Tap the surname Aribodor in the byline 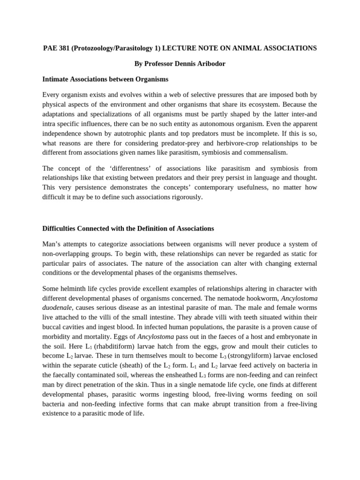coord(208,64)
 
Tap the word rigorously coord(187,197)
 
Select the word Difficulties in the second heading coord(60,229)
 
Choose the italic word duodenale coord(57,307)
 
